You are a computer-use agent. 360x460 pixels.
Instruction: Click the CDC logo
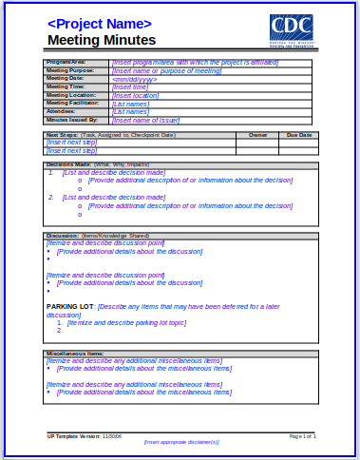click(x=291, y=29)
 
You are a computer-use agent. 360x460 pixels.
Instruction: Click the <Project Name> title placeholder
click(x=99, y=23)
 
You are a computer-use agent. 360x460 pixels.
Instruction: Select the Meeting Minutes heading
click(x=101, y=40)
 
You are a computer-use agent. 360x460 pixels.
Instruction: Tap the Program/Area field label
click(x=66, y=62)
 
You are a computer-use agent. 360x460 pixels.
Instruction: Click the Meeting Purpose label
click(x=70, y=70)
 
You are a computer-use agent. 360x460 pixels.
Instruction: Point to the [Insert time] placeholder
click(x=130, y=86)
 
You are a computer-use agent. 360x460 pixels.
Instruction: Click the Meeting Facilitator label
click(x=74, y=103)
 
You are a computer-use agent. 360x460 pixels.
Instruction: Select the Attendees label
click(x=61, y=111)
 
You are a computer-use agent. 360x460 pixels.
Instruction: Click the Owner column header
click(x=257, y=135)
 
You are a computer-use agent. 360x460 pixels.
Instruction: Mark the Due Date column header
click(x=298, y=135)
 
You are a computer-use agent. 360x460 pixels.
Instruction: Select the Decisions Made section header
click(x=68, y=164)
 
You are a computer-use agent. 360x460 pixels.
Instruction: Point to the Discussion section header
click(x=63, y=235)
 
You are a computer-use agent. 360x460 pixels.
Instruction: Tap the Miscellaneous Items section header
click(x=75, y=354)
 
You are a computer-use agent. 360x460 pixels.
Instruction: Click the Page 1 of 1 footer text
click(x=302, y=435)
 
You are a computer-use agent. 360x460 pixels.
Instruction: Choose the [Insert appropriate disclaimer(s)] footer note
click(x=181, y=442)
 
